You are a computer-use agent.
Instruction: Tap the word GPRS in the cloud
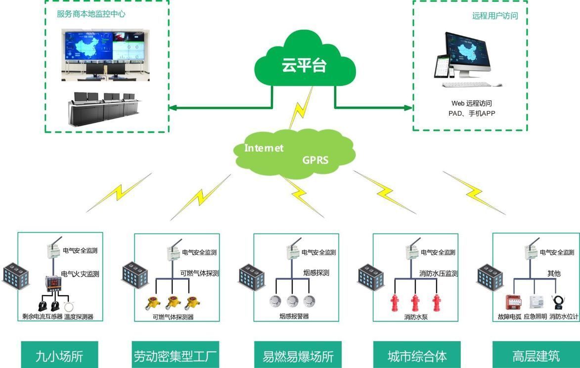(x=315, y=160)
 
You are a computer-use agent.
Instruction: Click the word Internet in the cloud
(x=264, y=148)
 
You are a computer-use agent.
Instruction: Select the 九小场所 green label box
(x=59, y=356)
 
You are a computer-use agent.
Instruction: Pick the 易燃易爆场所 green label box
(x=298, y=356)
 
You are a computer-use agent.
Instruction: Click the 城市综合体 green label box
(x=417, y=356)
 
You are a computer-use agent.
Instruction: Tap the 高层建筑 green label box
(x=536, y=356)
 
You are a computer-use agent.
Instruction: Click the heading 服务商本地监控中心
(x=91, y=14)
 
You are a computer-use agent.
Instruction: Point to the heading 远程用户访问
(x=495, y=16)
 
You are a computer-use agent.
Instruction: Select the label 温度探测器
(x=79, y=317)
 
